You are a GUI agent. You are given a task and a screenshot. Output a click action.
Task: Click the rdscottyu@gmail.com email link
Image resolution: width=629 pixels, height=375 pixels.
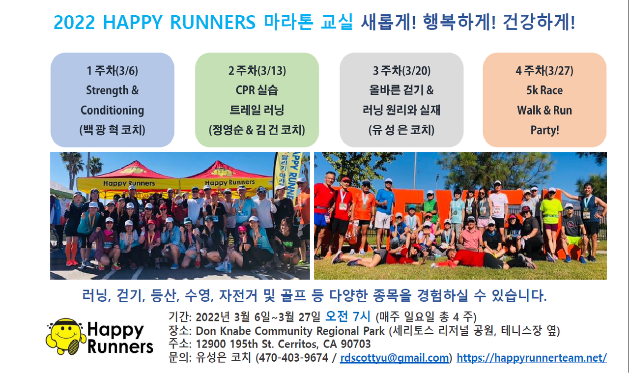pos(394,358)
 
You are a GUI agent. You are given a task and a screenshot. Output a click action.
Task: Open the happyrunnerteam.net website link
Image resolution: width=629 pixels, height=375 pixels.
pos(532,358)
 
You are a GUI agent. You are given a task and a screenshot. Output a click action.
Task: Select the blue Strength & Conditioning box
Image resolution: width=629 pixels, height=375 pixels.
pos(113,100)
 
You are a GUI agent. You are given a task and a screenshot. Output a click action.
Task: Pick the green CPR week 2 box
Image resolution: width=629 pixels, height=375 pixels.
pos(257,100)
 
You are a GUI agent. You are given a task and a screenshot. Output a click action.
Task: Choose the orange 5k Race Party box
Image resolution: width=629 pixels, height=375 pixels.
pos(544,100)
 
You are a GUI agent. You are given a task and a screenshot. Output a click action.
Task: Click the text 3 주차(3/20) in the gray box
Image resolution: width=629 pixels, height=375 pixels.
pos(401,70)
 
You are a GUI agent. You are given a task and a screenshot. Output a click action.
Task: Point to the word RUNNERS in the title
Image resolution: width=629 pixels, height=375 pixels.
pos(213,22)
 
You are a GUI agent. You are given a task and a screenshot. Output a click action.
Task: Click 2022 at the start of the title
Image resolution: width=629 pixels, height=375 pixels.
pos(74,22)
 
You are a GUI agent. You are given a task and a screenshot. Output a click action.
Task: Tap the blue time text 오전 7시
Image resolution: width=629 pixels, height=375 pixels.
pos(347,317)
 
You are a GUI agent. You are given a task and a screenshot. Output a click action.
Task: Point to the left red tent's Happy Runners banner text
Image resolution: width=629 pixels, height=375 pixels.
pos(129,183)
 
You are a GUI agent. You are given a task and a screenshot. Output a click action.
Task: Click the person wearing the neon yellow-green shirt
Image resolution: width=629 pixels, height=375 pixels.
pos(551,222)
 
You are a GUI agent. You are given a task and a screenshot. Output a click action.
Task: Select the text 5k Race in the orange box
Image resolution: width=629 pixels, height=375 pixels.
pos(544,90)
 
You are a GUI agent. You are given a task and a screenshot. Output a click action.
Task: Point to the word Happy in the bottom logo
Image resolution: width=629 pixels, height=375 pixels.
pos(115,330)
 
